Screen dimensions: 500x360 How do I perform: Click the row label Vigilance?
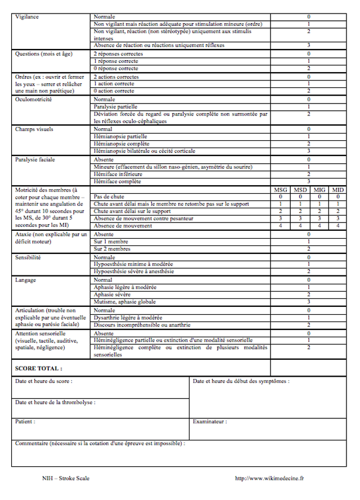click(27, 17)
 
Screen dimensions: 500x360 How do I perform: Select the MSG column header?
click(280, 189)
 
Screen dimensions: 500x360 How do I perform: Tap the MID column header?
click(337, 189)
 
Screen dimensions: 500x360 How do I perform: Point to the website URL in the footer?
click(269, 478)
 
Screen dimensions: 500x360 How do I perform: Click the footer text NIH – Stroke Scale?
click(66, 478)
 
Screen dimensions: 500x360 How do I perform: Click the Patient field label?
click(25, 421)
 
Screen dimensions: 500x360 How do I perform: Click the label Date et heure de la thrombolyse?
click(55, 402)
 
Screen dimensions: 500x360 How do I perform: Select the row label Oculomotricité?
click(34, 99)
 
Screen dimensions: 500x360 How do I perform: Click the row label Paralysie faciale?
click(35, 159)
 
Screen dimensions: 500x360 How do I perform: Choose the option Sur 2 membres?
click(112, 248)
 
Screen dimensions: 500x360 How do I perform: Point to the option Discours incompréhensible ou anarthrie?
click(142, 325)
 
